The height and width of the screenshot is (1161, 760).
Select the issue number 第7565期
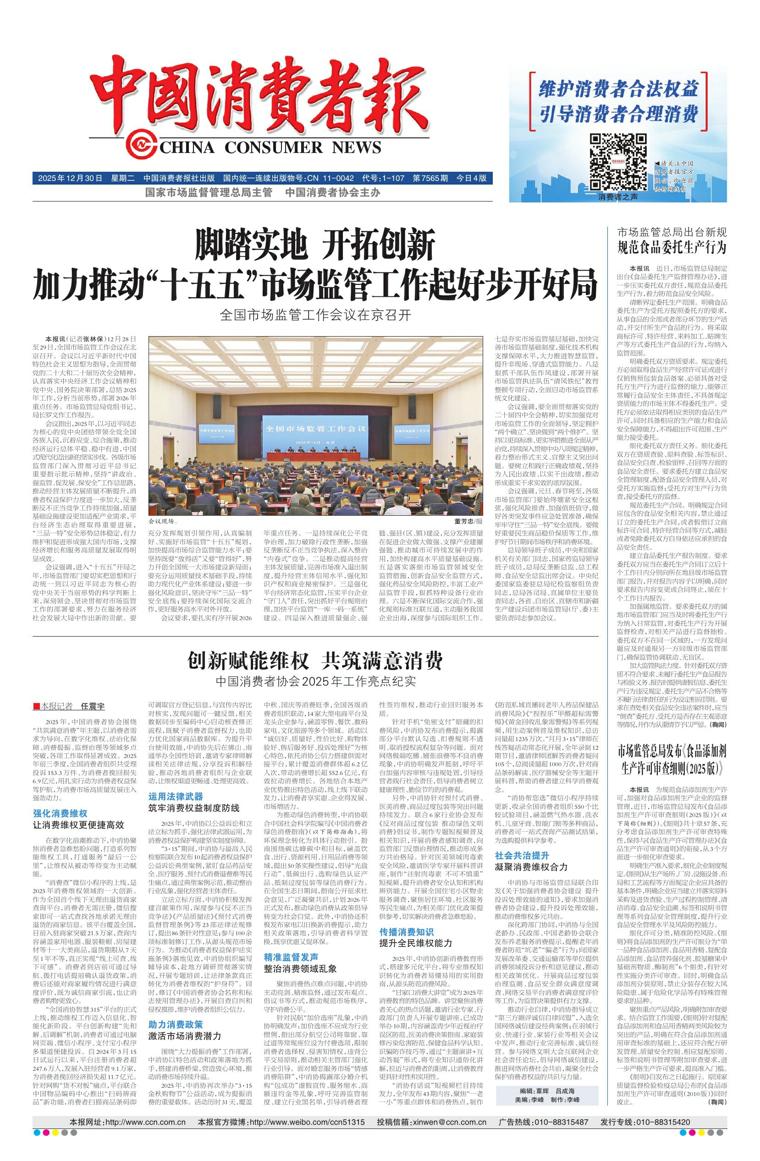point(430,178)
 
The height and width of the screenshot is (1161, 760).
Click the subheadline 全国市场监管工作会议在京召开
point(315,315)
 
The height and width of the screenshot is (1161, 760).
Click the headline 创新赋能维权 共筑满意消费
point(315,660)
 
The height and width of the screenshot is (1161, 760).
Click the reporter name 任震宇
point(92,706)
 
